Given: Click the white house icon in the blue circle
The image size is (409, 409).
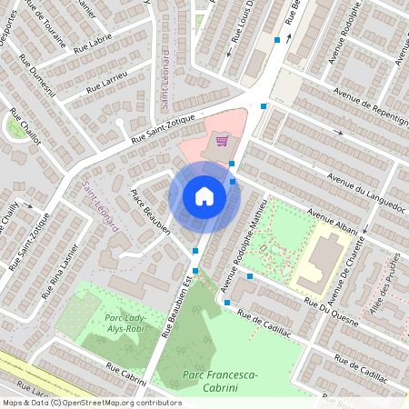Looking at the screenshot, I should click(x=204, y=196).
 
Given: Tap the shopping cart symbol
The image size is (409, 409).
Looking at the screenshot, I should click(x=222, y=141).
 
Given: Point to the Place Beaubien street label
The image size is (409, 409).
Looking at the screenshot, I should click(x=151, y=213).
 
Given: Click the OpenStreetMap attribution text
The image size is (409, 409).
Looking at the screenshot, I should click(x=92, y=403).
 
